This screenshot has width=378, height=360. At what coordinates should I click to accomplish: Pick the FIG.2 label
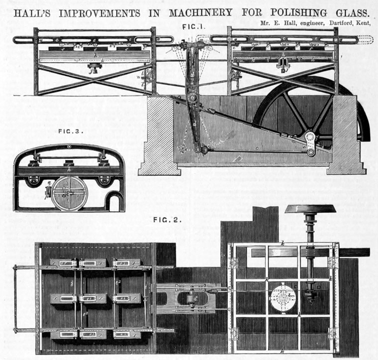[167, 220]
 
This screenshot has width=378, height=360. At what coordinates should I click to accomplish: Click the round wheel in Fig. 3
[70, 192]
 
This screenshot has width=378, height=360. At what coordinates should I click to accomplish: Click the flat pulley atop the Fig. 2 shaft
[310, 209]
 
